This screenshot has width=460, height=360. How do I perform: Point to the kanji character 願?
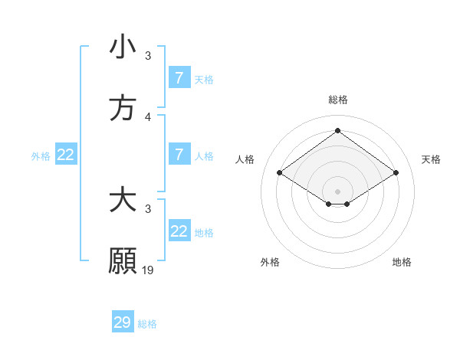[123, 260]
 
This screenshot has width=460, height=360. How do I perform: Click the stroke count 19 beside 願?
[149, 270]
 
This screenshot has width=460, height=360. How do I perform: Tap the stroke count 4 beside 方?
[148, 117]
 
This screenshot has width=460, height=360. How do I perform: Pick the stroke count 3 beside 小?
[148, 56]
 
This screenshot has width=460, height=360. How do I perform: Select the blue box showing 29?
[123, 322]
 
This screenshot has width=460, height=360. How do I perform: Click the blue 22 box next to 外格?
[66, 155]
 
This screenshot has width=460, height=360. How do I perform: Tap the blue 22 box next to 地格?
[179, 231]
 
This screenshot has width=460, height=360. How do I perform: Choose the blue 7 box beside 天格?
[179, 78]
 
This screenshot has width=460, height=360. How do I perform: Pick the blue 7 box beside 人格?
[179, 155]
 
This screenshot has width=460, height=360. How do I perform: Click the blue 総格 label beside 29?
[147, 324]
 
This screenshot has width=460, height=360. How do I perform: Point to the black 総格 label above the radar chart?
[338, 100]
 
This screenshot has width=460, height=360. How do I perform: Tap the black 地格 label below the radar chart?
[402, 262]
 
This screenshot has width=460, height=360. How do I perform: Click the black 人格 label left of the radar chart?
[245, 159]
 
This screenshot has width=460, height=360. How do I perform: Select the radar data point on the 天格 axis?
[396, 173]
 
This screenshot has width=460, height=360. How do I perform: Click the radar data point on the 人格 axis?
[280, 173]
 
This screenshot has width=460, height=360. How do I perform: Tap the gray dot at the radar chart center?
[338, 191]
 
